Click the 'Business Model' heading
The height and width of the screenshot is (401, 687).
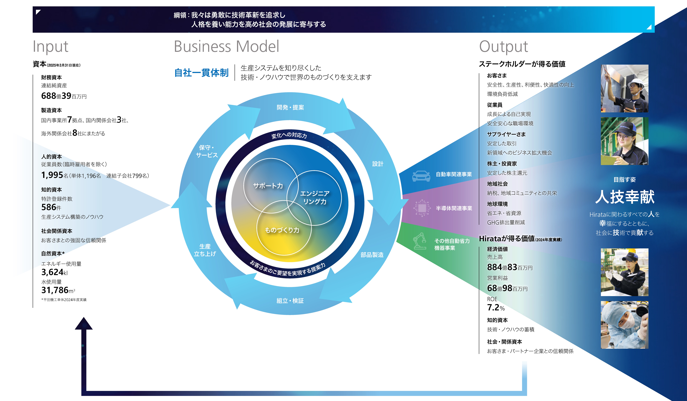click(x=227, y=46)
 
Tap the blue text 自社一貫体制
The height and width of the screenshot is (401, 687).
click(x=201, y=73)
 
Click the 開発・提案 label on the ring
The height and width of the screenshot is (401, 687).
click(x=290, y=108)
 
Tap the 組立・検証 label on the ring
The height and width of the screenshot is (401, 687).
click(x=290, y=301)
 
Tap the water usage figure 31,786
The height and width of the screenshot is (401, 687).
click(x=55, y=290)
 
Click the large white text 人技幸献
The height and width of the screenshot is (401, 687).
click(x=625, y=197)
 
